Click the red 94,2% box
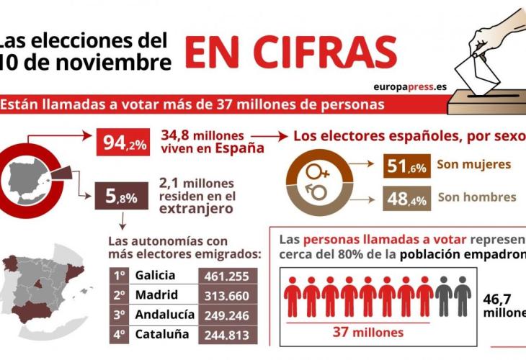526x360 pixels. [122, 143]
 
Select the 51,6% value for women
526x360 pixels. [407, 167]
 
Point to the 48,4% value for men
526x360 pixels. [407, 198]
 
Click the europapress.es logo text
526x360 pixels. [409, 86]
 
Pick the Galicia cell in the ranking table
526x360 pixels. [154, 276]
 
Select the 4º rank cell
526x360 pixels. [120, 334]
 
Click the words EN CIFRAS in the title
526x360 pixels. [290, 53]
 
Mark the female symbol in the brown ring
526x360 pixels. [317, 172]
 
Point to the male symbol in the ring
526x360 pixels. [317, 192]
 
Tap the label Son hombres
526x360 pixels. [477, 197]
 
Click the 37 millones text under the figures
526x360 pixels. [359, 333]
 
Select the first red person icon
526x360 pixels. [292, 297]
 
